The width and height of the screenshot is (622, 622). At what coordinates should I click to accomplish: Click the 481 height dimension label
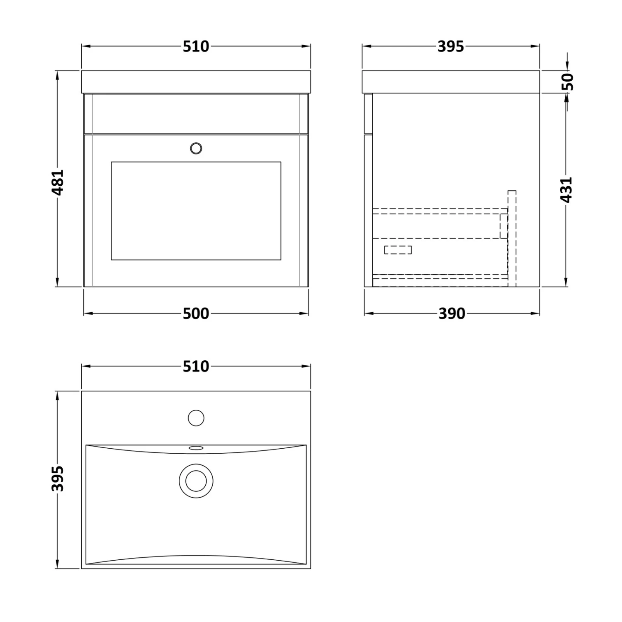pyautogui.click(x=57, y=182)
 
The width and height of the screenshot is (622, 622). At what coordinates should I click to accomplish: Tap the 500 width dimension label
pyautogui.click(x=196, y=314)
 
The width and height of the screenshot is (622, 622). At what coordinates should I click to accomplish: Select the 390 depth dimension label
pyautogui.click(x=452, y=314)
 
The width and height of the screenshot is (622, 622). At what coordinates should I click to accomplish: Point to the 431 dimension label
pyautogui.click(x=566, y=190)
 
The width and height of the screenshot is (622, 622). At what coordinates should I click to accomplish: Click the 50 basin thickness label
pyautogui.click(x=568, y=82)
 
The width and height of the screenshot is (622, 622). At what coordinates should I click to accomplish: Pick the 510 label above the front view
pyautogui.click(x=196, y=47)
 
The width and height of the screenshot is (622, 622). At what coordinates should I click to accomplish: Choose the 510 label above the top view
pyautogui.click(x=196, y=367)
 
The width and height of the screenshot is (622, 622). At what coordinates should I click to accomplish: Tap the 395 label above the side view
pyautogui.click(x=451, y=47)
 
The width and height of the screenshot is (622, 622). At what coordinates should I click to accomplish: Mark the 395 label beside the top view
pyautogui.click(x=57, y=479)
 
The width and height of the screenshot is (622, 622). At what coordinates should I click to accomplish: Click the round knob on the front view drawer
pyautogui.click(x=196, y=148)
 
